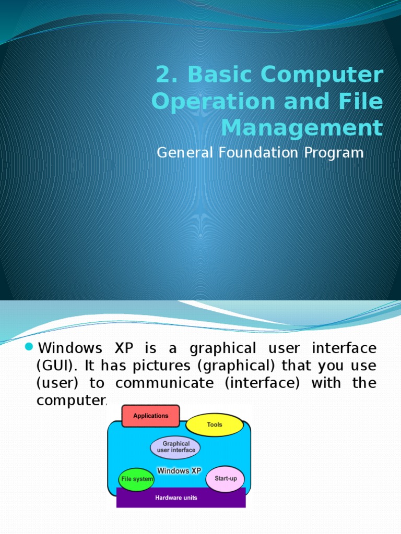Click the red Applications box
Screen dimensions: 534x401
tap(150, 416)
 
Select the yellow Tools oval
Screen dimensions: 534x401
tap(214, 424)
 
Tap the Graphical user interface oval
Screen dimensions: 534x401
tap(175, 447)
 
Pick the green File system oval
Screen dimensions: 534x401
tap(137, 479)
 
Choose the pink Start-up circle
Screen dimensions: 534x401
tap(225, 478)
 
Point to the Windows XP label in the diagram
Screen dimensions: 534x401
tap(179, 470)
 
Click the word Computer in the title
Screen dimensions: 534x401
tap(322, 75)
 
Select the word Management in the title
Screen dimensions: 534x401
tap(302, 128)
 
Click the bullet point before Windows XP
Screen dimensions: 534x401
tap(30, 347)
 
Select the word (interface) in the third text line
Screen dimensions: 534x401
tap(268, 383)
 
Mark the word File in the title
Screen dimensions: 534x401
tap(363, 102)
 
